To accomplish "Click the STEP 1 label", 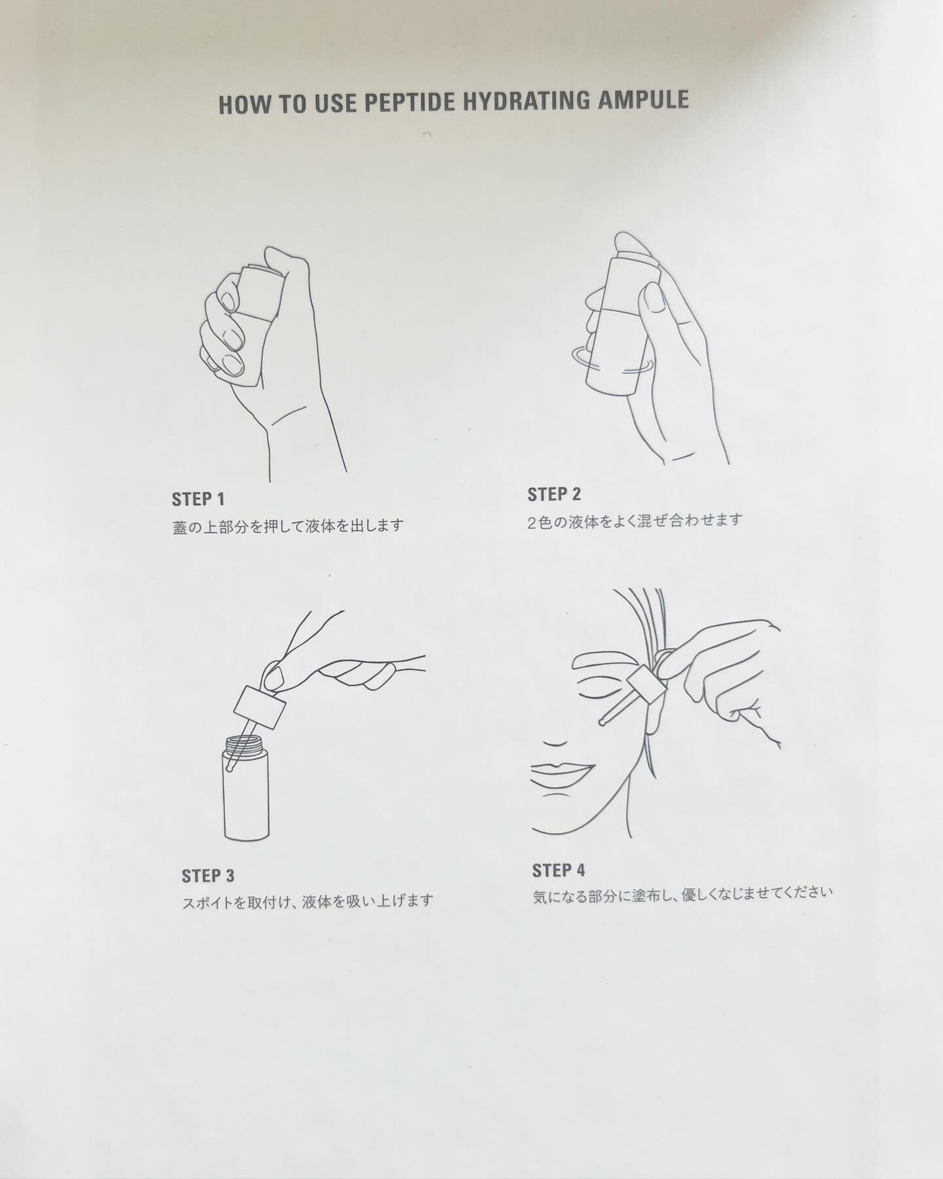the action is (198, 499).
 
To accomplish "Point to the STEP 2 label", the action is (554, 495).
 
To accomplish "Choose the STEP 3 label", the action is (208, 875).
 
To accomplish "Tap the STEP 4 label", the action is (559, 870).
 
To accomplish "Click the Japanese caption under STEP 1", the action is (288, 526).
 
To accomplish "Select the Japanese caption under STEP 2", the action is (635, 521).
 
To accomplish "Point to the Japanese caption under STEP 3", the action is (307, 902).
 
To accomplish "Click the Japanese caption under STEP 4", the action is (682, 895).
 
